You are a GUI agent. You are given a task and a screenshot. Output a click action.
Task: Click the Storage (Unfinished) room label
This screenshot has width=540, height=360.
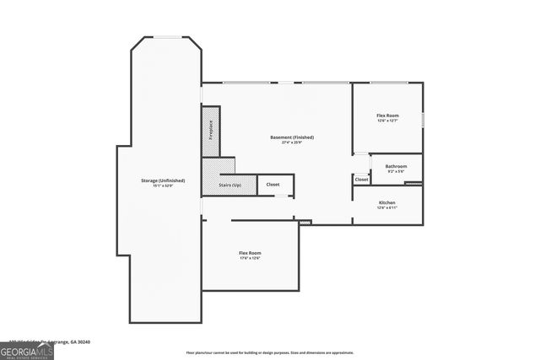coord(163,181)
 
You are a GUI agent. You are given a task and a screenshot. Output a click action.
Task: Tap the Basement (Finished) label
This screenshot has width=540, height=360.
coord(292,137)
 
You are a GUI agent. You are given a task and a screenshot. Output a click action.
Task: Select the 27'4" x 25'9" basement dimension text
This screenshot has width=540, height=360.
coord(292,143)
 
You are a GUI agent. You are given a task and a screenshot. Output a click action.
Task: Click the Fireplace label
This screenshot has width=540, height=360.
coord(210,132)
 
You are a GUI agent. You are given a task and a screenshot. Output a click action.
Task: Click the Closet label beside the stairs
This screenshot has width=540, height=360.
coord(273,185)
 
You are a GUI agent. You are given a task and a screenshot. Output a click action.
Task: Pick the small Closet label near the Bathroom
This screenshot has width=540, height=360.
coord(361,180)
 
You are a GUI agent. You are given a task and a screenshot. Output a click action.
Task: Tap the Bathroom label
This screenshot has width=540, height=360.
coord(396,166)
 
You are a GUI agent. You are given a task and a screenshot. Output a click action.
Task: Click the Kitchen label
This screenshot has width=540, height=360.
coord(387,203)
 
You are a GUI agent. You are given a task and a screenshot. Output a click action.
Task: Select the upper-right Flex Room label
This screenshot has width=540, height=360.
coord(387,115)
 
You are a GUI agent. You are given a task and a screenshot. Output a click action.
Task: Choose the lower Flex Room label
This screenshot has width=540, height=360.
coord(250,253)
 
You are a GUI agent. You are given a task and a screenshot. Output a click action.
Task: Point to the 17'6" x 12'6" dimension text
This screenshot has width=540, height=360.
coord(250,259)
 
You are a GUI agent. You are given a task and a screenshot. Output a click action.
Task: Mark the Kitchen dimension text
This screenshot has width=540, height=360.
coord(387,209)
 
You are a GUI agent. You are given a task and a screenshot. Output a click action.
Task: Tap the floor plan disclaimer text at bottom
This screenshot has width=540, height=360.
coord(269,352)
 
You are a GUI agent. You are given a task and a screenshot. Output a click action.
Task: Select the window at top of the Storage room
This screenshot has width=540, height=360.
coord(165,36)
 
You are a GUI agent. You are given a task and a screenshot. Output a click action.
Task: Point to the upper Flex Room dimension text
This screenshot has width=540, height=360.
coord(387,121)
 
